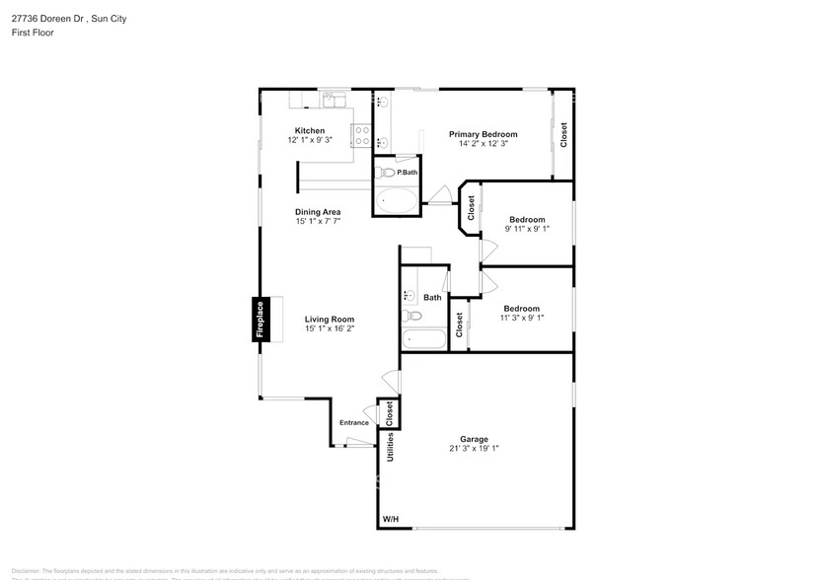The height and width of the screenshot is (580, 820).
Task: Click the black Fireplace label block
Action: [x=261, y=320]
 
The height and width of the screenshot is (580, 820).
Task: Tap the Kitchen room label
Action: [x=309, y=131]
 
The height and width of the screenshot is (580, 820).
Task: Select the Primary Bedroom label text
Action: [x=483, y=134]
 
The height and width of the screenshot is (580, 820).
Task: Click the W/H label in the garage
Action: [x=391, y=519]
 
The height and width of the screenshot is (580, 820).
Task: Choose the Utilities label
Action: [x=391, y=447]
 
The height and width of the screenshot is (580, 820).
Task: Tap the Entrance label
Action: [x=354, y=423]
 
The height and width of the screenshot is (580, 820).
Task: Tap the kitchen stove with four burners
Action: [x=361, y=135]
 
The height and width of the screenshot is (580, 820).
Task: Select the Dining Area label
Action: [x=318, y=212]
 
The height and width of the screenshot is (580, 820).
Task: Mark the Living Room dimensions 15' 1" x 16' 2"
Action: [x=330, y=328]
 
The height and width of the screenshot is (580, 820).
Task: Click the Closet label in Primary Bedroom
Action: [x=563, y=134]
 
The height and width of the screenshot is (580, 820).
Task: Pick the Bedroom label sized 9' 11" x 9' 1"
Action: [x=527, y=219]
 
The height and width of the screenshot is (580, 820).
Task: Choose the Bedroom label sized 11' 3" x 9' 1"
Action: [x=521, y=308]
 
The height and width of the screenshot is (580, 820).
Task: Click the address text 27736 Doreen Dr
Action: [x=45, y=19]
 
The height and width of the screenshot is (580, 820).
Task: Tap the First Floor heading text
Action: [x=34, y=33]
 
